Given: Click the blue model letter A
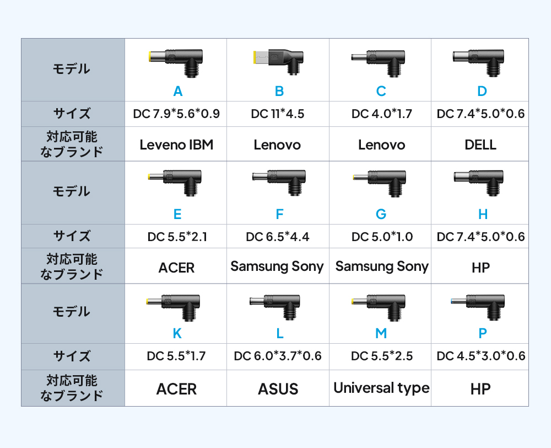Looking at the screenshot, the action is click(178, 91).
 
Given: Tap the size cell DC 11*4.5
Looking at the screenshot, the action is click(278, 114).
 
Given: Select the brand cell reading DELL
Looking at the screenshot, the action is click(480, 145).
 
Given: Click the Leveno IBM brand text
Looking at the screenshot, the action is click(176, 145).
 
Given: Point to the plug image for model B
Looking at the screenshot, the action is click(278, 62).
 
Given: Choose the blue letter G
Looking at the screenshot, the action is click(381, 214).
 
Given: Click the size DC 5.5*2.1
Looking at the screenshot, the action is click(177, 237).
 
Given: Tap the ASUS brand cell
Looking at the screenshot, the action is click(278, 389).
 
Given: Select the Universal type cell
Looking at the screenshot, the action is click(381, 388).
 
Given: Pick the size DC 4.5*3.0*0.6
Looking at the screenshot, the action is click(480, 356).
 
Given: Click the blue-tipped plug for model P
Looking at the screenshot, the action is click(478, 307).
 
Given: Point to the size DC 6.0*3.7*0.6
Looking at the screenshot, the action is click(278, 356).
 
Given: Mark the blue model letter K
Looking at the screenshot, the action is click(177, 333).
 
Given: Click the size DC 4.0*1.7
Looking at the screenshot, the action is click(382, 114).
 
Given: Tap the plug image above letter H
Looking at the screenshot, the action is click(479, 183).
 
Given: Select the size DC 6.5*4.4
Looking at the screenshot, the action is click(278, 237).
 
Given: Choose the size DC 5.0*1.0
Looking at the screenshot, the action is click(382, 237).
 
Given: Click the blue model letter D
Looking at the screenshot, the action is click(482, 91).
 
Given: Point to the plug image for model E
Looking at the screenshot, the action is click(175, 183).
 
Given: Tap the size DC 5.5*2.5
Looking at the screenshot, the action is click(382, 356).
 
